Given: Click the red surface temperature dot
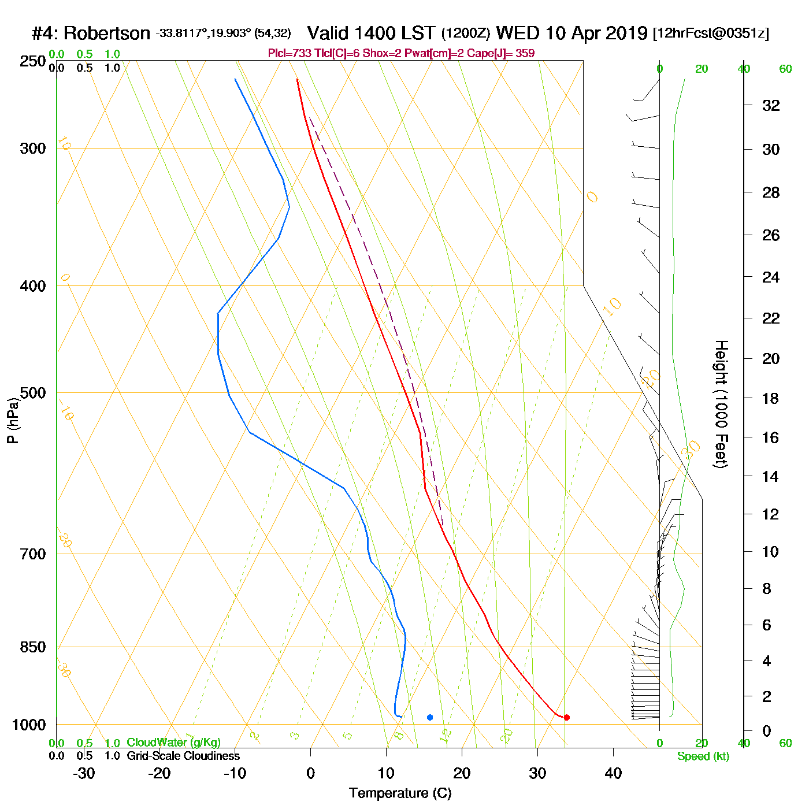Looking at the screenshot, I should click(x=566, y=717).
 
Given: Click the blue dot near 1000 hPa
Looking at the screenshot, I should click(x=430, y=717).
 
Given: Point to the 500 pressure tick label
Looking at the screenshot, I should click(x=33, y=393).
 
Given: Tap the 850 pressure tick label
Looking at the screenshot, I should click(x=33, y=647).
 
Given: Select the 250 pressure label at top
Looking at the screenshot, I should click(x=33, y=61).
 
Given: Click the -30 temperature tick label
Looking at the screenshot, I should click(x=84, y=773).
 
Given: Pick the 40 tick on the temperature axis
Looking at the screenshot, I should click(x=613, y=773).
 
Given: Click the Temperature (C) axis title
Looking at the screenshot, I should click(x=400, y=793).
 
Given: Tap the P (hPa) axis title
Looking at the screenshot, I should click(x=13, y=421).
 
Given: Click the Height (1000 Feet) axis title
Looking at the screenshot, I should click(x=721, y=404).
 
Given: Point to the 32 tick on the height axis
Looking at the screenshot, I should click(x=771, y=106).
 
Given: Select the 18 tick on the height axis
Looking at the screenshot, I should click(x=771, y=398).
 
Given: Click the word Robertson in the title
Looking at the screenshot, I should click(x=107, y=34).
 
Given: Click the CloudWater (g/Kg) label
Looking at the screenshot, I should click(x=173, y=743).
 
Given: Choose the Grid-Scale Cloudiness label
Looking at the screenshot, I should click(x=183, y=756).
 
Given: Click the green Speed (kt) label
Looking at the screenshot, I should click(x=703, y=756).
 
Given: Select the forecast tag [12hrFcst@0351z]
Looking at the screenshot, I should click(x=710, y=34).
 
